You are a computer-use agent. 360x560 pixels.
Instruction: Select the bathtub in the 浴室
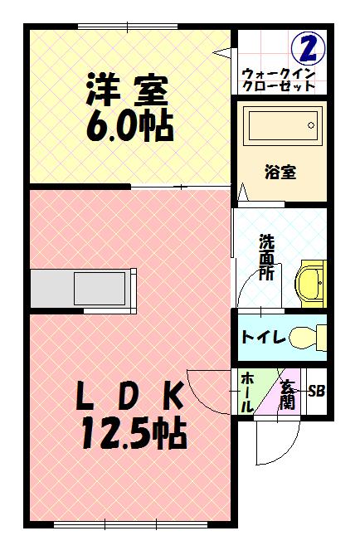point(283,129)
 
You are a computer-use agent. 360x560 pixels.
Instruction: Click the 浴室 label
point(280,173)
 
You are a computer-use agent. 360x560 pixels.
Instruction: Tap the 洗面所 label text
point(266,257)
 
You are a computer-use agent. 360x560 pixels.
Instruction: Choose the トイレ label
point(263,338)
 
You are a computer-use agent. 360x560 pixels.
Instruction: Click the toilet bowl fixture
point(309,337)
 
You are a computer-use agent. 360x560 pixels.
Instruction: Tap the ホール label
point(247,392)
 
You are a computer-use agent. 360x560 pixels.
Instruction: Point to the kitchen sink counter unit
point(83,288)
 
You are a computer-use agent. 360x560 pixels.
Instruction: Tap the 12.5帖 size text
point(133,433)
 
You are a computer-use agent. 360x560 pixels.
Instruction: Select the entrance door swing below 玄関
point(275,436)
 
